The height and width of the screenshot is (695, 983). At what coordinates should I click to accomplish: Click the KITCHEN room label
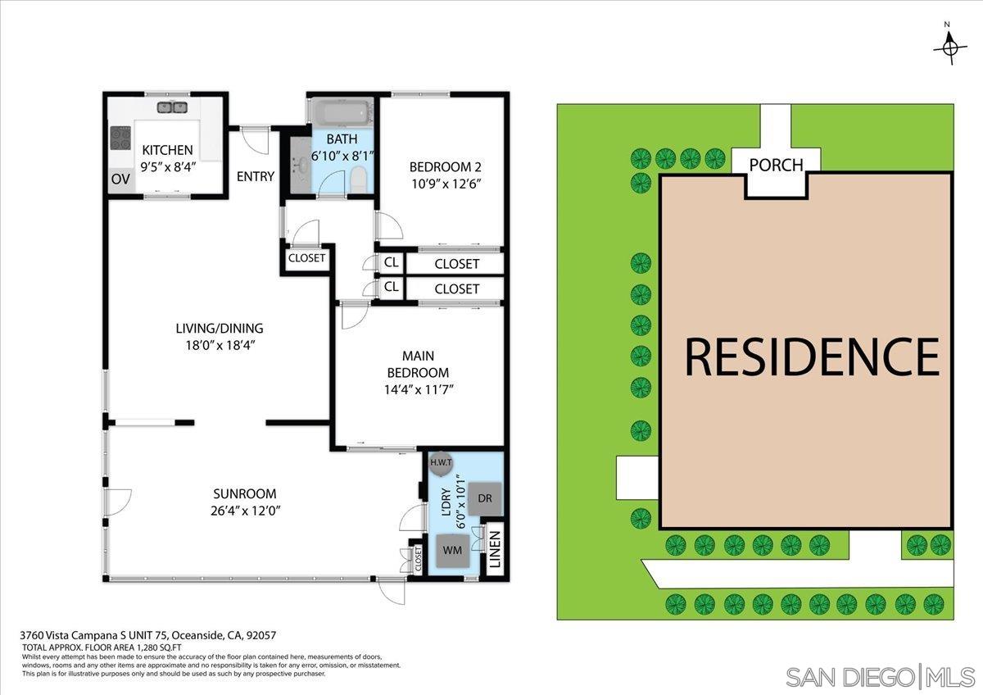[167, 150]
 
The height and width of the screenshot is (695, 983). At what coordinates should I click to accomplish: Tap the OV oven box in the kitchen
[120, 179]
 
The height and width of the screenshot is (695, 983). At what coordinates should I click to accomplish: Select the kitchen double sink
[173, 107]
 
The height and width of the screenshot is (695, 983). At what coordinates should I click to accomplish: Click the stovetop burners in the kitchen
[120, 138]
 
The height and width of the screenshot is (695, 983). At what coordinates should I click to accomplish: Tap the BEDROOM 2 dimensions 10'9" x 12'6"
[444, 184]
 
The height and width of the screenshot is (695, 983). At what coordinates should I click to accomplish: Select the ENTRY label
[256, 176]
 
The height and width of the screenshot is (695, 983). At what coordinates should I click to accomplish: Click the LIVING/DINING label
[220, 329]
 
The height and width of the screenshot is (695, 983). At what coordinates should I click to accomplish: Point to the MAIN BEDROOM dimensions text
[418, 389]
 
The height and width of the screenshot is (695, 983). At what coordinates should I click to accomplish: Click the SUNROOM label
[245, 494]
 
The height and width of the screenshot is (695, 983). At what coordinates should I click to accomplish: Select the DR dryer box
[484, 498]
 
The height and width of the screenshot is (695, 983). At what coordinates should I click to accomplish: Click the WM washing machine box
[453, 550]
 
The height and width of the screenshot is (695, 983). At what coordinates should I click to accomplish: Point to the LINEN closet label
[495, 550]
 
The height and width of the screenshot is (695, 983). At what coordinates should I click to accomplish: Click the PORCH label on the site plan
[776, 165]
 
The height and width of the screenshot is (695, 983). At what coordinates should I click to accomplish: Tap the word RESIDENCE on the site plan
[812, 357]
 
